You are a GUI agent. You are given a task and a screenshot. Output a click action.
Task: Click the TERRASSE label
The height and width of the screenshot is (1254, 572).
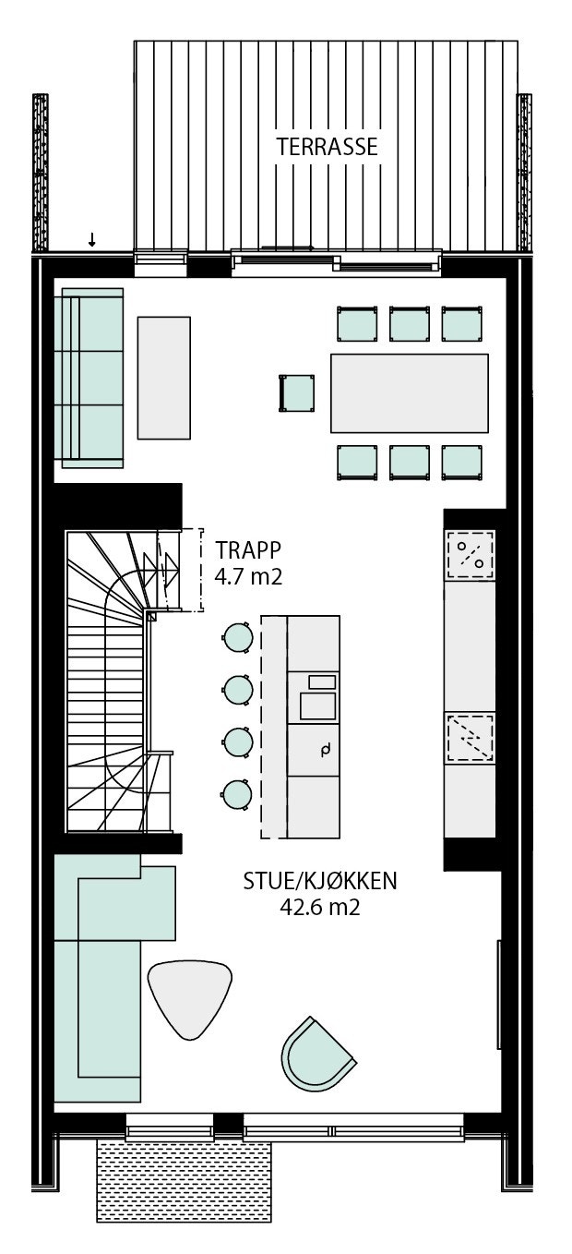[x=328, y=147]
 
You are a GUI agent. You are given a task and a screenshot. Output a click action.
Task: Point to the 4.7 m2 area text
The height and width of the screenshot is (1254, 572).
[x=248, y=579]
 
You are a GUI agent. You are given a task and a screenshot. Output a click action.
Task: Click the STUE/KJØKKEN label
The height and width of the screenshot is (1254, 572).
[x=320, y=881]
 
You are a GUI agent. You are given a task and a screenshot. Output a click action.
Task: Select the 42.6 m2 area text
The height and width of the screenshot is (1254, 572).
[x=319, y=908]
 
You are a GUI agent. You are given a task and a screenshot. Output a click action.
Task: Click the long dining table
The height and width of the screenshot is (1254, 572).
[x=410, y=392]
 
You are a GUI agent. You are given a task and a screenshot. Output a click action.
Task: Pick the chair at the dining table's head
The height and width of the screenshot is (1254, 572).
[x=297, y=393]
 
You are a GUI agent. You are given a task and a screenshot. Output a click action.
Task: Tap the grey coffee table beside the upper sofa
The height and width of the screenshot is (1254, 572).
[x=164, y=378]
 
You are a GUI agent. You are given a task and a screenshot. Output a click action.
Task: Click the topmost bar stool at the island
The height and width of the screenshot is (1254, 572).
[x=238, y=636]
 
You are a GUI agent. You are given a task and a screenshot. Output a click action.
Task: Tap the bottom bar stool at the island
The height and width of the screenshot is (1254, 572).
[x=238, y=794]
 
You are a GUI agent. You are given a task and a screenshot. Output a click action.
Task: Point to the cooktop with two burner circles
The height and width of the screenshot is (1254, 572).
[x=470, y=555]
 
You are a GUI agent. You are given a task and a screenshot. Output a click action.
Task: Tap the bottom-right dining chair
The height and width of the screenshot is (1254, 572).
[x=462, y=462]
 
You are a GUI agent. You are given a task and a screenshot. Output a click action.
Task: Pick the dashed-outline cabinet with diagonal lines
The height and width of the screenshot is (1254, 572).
[x=470, y=736]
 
